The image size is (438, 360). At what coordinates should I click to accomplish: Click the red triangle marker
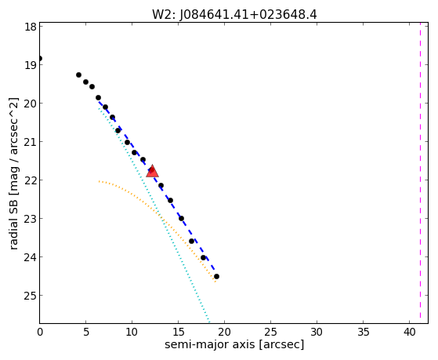152,172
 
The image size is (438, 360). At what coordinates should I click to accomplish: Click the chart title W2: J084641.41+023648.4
234,15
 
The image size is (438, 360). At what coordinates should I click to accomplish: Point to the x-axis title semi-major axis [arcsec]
234,344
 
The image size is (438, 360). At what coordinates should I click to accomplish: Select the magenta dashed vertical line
420,173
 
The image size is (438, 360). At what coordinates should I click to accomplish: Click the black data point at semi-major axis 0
40,59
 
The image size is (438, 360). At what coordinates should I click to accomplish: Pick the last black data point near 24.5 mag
216,277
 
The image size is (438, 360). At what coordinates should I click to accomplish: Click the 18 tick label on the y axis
31,27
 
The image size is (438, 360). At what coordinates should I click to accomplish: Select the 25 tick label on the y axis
31,296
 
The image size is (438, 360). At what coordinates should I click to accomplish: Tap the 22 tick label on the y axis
31,180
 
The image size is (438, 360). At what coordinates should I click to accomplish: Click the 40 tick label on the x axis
409,333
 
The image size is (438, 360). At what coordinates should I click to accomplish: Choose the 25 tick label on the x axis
270,333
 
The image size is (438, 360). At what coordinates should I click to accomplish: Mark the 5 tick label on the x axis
86,333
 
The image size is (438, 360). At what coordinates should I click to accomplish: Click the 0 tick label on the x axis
40,333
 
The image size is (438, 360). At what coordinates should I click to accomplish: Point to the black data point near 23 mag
181,219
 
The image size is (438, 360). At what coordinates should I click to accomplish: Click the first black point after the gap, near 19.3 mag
79,75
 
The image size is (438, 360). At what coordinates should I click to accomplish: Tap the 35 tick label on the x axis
363,333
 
